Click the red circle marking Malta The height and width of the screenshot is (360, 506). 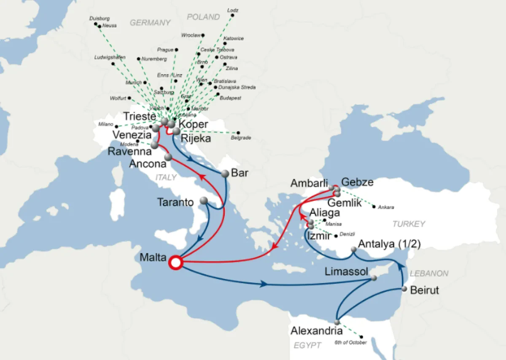(x=175, y=263)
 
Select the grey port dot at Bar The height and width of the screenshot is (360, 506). (x=225, y=173)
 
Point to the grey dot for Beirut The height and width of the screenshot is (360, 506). (x=404, y=289)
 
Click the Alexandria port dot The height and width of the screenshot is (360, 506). (x=337, y=322)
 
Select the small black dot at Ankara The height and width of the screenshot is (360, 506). (x=374, y=207)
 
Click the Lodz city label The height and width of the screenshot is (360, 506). (x=232, y=10)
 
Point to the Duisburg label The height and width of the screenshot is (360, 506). (x=100, y=19)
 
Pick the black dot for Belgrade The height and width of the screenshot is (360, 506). (x=238, y=132)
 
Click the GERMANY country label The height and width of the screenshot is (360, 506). (x=150, y=23)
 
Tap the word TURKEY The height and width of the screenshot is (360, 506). (x=409, y=224)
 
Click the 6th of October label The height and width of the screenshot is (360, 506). (x=345, y=342)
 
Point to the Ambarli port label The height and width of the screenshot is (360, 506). (x=309, y=184)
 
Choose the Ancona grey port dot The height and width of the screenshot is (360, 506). (x=168, y=157)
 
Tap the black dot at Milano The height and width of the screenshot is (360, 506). (x=116, y=126)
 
